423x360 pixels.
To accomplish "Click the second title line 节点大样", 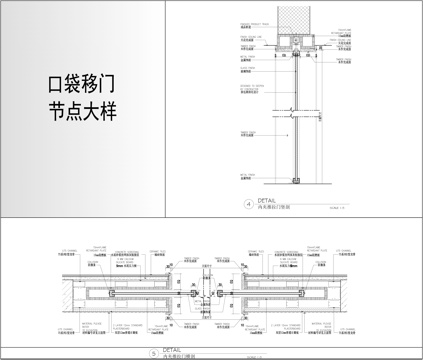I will point(81,111).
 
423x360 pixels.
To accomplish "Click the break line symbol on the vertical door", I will point(294,111).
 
